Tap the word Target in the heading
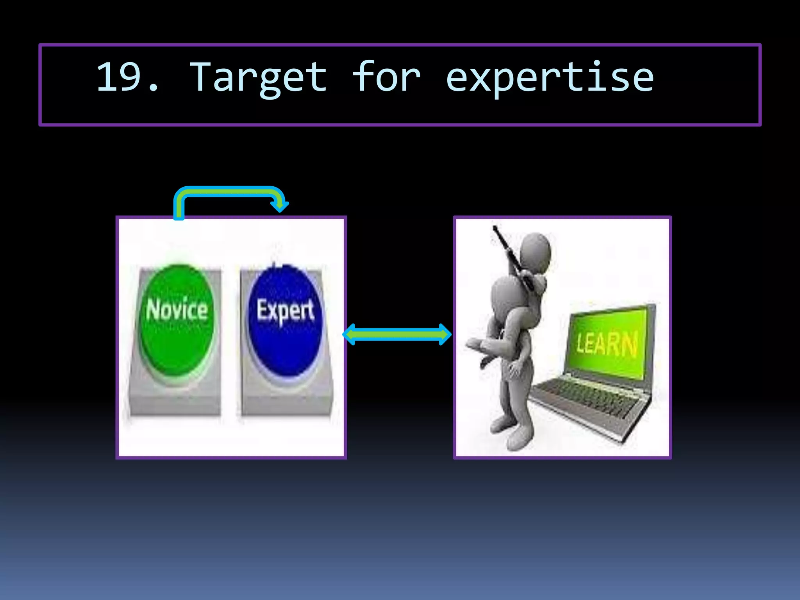tap(258, 78)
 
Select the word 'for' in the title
tap(386, 77)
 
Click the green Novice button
tap(177, 344)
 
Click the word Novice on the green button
tap(177, 310)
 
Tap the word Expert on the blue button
tap(285, 311)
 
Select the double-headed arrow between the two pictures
tap(397, 334)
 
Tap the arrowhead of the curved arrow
tap(280, 205)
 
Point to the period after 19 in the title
tap(153, 89)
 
